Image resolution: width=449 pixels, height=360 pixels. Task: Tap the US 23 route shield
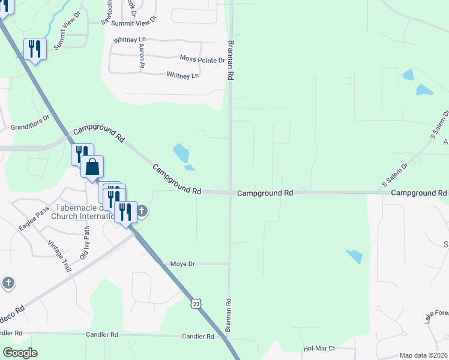196,304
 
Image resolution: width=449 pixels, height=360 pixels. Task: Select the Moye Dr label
183,263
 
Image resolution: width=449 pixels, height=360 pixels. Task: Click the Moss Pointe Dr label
202,59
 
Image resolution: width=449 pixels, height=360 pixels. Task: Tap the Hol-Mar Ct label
319,348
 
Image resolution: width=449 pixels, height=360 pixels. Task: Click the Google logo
20,353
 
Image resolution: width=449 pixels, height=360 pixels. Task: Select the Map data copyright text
423,355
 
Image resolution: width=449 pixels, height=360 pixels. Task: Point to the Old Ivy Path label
87,239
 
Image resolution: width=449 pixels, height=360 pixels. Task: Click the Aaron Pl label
142,56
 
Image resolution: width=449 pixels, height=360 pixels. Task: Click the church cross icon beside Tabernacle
142,211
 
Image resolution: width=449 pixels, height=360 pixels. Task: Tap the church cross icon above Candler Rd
8,283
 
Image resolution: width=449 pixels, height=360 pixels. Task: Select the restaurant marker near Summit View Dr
35,49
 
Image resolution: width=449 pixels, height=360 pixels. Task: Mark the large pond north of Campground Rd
181,153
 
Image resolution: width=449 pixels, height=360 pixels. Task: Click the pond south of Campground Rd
354,256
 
